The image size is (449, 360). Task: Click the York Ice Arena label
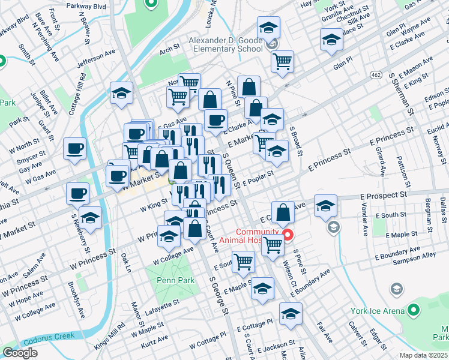(376, 311)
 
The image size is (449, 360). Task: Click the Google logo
(20, 353)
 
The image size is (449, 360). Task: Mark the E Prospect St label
(384, 196)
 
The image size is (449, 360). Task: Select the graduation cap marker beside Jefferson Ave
(121, 94)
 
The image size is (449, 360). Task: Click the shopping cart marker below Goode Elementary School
(282, 61)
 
